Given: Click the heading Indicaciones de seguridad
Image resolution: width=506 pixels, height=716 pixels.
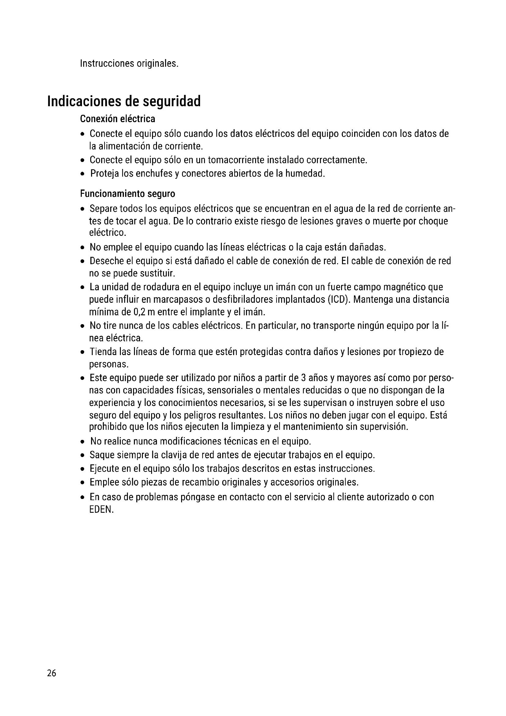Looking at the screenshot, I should (x=124, y=101).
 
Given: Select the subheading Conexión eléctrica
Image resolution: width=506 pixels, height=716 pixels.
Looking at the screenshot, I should (x=117, y=119).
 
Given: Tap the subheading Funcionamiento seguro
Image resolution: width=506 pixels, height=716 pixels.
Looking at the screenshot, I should (x=128, y=194).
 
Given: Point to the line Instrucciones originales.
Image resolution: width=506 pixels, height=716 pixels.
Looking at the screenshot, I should (x=129, y=63).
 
